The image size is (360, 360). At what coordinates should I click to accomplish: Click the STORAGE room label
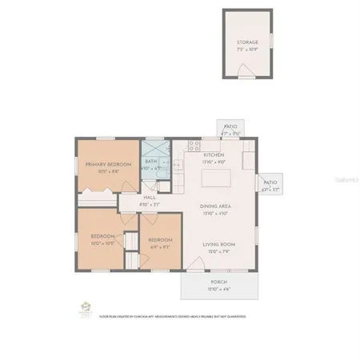coord(247,42)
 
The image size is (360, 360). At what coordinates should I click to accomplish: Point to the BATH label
coord(151,162)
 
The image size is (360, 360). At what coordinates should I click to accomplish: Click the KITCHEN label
coord(214,154)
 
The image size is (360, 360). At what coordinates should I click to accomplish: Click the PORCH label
coord(218,282)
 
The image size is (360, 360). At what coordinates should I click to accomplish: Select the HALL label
coord(150,197)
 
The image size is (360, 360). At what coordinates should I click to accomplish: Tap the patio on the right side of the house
coord(270,185)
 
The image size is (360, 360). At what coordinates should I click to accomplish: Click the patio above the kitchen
coord(230,130)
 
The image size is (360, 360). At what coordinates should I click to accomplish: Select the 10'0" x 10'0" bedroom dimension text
coord(104,243)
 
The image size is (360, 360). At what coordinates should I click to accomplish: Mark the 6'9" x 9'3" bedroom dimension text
coord(160,246)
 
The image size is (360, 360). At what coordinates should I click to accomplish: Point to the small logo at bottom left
coord(85,308)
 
